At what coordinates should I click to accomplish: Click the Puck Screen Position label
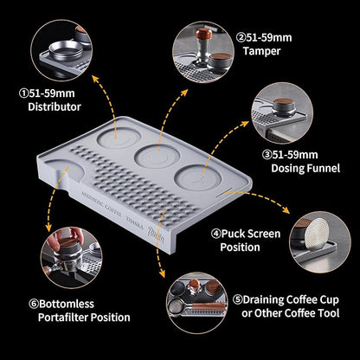(260, 240)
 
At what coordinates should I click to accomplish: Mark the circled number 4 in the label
(215, 233)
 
